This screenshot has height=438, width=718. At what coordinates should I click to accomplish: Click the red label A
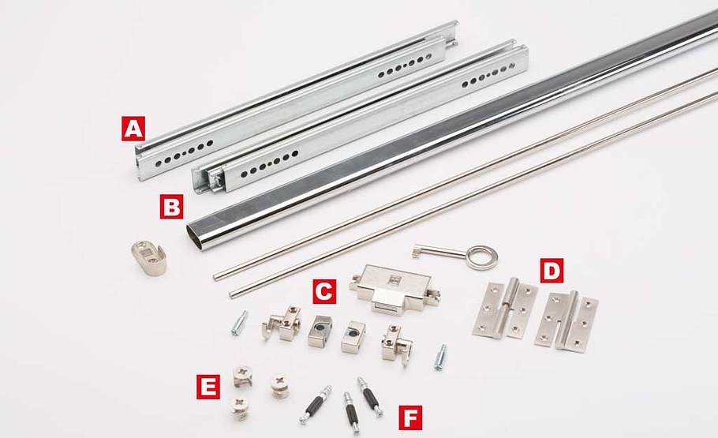click(133, 129)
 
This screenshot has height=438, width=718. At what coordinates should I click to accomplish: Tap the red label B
click(172, 206)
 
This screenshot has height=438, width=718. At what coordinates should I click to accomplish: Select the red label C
click(324, 291)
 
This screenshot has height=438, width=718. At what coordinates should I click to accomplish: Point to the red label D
click(552, 271)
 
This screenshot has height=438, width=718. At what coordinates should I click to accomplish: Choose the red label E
click(208, 387)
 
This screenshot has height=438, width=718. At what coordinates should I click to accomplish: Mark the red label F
click(410, 417)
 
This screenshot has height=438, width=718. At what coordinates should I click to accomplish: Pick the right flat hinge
click(567, 320)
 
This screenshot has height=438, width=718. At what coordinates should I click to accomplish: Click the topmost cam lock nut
click(243, 375)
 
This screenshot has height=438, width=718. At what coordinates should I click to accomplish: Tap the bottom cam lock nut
click(240, 409)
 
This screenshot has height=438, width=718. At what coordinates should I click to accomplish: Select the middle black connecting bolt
click(350, 411)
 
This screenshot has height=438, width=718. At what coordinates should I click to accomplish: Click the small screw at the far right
click(440, 358)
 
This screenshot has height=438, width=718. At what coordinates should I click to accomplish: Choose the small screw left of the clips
click(239, 323)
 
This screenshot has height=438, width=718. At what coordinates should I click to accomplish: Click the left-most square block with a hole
click(320, 330)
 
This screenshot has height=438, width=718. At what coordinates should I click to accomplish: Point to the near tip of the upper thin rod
click(215, 277)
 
